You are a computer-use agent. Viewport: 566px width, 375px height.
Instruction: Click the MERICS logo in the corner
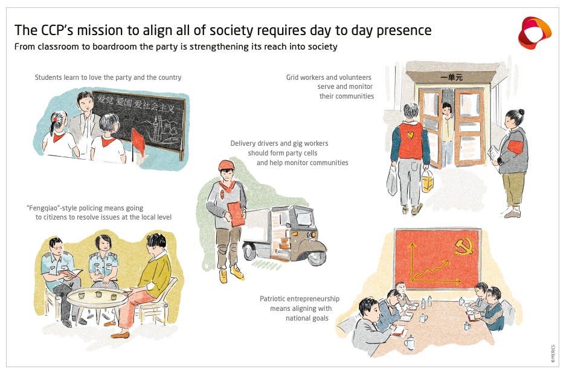click(x=534, y=33)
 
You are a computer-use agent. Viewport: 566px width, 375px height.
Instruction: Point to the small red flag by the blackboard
click(x=138, y=141)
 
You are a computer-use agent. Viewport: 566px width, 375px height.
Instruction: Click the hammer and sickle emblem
click(x=463, y=246)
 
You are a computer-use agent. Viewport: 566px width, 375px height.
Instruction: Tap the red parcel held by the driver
click(x=238, y=212)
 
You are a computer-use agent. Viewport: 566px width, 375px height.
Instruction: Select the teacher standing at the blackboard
click(x=85, y=118)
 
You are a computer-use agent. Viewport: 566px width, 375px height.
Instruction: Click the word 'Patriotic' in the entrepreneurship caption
click(x=275, y=299)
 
